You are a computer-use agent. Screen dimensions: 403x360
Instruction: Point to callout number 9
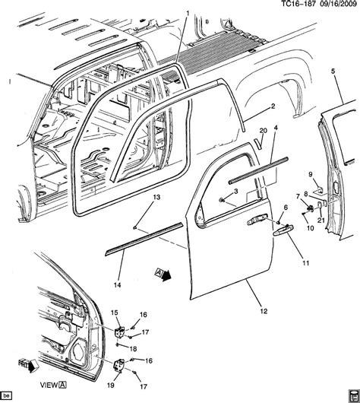click(x=311, y=174)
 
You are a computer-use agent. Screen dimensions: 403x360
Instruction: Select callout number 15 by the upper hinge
click(x=115, y=313)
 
